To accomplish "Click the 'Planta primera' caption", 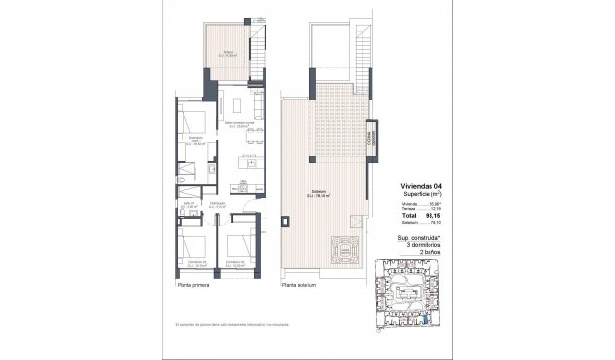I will [x=194, y=286].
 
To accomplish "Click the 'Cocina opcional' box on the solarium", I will [x=371, y=138].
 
